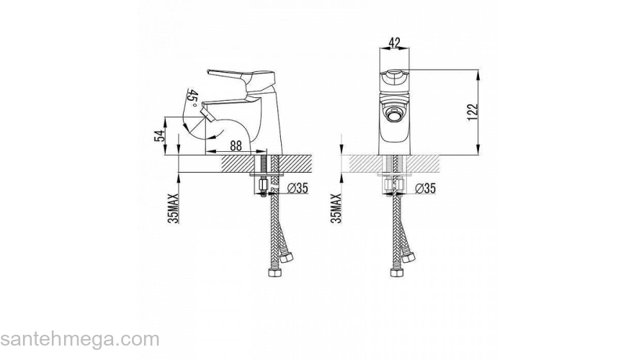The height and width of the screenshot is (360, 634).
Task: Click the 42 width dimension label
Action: (x=394, y=42)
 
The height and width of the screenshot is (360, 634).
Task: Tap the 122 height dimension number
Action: (x=473, y=112)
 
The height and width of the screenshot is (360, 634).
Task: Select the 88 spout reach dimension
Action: (x=236, y=145)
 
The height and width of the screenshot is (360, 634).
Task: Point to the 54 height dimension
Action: (x=161, y=136)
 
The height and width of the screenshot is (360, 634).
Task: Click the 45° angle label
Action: (x=193, y=99)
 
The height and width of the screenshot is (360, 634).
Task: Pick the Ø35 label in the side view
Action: (x=298, y=188)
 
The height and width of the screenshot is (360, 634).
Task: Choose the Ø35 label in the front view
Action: (x=425, y=189)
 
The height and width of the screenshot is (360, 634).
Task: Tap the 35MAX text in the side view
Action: (x=173, y=209)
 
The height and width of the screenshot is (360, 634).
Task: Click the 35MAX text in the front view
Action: (x=336, y=209)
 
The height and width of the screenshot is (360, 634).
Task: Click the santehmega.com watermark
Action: (x=80, y=340)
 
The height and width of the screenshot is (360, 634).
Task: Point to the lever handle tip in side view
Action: (x=209, y=71)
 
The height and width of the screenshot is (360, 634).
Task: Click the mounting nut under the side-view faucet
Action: (x=263, y=186)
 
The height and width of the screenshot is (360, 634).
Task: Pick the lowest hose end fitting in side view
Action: (x=274, y=273)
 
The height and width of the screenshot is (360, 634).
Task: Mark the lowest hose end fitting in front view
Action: (x=397, y=272)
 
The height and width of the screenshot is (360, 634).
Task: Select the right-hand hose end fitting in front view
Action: (x=408, y=257)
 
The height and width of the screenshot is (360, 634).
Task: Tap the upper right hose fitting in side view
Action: (x=287, y=257)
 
